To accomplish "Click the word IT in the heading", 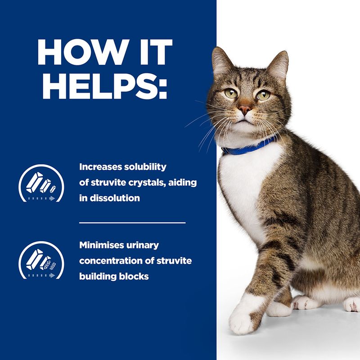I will tap(149, 53).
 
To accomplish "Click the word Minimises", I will tap(103, 245).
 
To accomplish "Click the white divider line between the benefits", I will tap(132, 222).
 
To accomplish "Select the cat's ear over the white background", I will tap(279, 65).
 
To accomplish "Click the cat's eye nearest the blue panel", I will tap(231, 94).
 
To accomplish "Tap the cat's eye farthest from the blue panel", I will tap(263, 95).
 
